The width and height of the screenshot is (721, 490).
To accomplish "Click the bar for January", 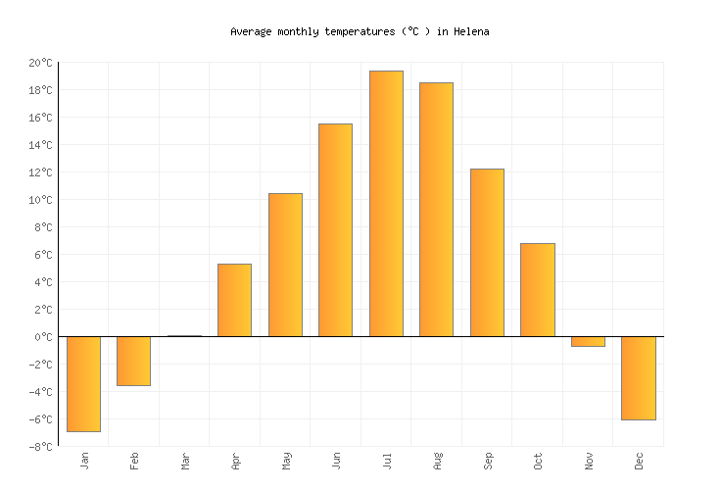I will pyautogui.click(x=83, y=383).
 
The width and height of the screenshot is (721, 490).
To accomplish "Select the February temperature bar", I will pyautogui.click(x=133, y=361).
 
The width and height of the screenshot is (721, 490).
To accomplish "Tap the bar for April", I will pyautogui.click(x=234, y=300).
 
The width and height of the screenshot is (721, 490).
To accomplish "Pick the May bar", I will pyautogui.click(x=285, y=265).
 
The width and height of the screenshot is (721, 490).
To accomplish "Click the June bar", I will pyautogui.click(x=335, y=230).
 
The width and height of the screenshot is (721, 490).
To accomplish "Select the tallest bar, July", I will pyautogui.click(x=386, y=204).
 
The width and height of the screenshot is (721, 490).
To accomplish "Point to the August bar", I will pyautogui.click(x=436, y=210).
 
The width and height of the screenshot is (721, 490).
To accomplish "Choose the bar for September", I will pyautogui.click(x=487, y=253).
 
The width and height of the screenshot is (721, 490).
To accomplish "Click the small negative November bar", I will pyautogui.click(x=588, y=341).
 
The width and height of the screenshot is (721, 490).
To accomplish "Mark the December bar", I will pyautogui.click(x=638, y=378).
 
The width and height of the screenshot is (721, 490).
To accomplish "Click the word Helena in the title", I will pyautogui.click(x=470, y=31).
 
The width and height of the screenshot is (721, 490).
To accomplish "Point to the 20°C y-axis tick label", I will pyautogui.click(x=40, y=63).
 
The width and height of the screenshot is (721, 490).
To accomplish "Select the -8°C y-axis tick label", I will pyautogui.click(x=40, y=447).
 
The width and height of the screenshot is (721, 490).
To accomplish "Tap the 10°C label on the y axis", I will pyautogui.click(x=40, y=200).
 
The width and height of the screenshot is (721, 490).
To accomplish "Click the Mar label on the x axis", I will pyautogui.click(x=184, y=461).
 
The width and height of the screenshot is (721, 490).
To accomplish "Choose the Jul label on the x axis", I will pyautogui.click(x=386, y=460).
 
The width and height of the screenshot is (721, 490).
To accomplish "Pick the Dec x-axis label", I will pyautogui.click(x=639, y=461).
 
